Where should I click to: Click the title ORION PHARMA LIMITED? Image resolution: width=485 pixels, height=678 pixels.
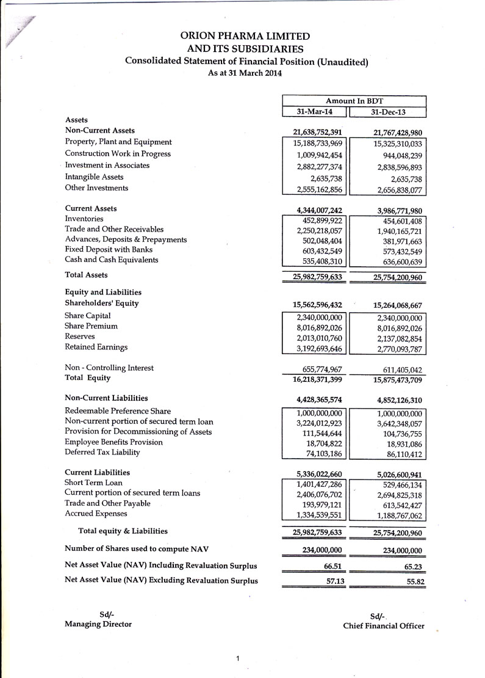coord(245,36)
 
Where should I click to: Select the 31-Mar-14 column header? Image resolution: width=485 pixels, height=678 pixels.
coord(314,112)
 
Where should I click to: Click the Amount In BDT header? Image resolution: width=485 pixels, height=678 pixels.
coord(354,101)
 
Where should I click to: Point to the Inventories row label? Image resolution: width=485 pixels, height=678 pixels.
coord(84,219)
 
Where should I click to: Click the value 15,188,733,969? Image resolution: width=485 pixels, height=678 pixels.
coord(314,142)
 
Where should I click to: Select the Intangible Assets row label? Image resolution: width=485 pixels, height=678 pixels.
coord(94,177)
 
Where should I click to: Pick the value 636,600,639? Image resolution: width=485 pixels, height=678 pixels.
coord(395,261)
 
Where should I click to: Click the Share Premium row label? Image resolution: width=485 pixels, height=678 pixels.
coord(91,326)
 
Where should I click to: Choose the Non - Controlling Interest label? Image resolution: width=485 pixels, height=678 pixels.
coord(109,368)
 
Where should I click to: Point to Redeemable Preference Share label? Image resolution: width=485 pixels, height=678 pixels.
coord(118,411)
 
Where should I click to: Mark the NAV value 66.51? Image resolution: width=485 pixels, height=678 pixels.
coord(332,566)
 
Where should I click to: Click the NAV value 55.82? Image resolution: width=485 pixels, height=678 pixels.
coord(415,581)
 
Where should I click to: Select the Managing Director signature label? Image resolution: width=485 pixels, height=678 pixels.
coord(98,624)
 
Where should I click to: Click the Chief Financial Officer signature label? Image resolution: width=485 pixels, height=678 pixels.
coord(384,626)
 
